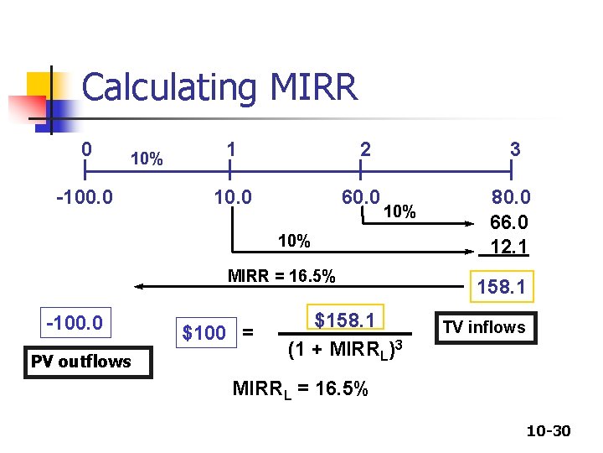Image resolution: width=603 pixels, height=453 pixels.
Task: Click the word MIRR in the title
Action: point(314,86)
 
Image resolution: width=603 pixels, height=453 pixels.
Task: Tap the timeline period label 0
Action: point(86,149)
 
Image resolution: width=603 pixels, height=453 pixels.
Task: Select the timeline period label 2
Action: point(365,149)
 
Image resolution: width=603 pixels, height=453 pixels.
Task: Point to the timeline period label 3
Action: point(515,149)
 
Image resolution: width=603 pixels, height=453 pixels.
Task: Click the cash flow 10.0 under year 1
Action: point(233,197)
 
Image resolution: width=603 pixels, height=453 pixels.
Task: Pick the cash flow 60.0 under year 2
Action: point(361,197)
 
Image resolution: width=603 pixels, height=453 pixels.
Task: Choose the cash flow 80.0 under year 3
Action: point(511,197)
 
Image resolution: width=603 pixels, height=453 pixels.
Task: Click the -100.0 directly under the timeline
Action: point(85,197)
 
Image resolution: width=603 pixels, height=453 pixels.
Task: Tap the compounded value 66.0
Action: point(509,222)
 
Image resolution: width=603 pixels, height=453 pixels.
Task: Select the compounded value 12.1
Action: point(509,247)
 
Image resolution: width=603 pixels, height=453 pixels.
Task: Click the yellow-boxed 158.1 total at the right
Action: point(502,287)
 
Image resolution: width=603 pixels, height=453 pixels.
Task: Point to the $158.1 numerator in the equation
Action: point(345,320)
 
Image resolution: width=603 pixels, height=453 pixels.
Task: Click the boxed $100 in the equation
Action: point(206,332)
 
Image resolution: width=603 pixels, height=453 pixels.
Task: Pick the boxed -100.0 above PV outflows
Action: point(75,322)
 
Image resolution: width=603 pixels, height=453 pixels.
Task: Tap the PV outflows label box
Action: point(88,362)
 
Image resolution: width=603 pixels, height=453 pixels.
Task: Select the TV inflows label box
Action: point(486,328)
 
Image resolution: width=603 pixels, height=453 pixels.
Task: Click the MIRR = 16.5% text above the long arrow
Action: point(281,276)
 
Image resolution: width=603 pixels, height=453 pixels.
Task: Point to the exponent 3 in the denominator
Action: point(399,345)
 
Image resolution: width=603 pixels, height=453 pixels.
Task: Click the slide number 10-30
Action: point(549,430)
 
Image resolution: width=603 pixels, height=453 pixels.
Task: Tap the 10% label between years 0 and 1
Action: point(147,159)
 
